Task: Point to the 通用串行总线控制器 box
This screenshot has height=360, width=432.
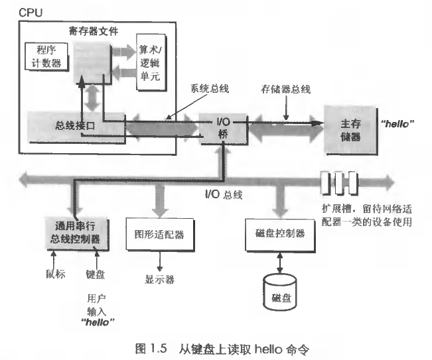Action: (74, 231)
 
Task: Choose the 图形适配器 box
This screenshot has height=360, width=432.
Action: (159, 235)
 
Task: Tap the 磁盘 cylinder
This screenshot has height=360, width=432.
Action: (280, 291)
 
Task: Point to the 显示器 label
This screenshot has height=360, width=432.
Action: (159, 279)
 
